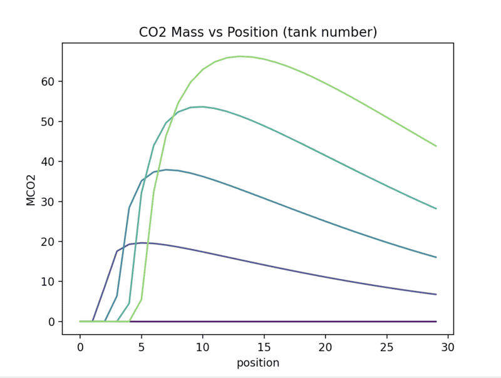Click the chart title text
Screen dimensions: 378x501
click(x=257, y=32)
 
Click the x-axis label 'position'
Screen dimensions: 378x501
click(x=257, y=363)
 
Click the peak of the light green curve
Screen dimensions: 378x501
click(x=240, y=56)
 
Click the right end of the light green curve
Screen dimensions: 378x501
click(x=436, y=146)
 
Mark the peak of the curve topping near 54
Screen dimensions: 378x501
click(x=202, y=106)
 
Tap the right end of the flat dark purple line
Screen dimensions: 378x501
click(x=436, y=321)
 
